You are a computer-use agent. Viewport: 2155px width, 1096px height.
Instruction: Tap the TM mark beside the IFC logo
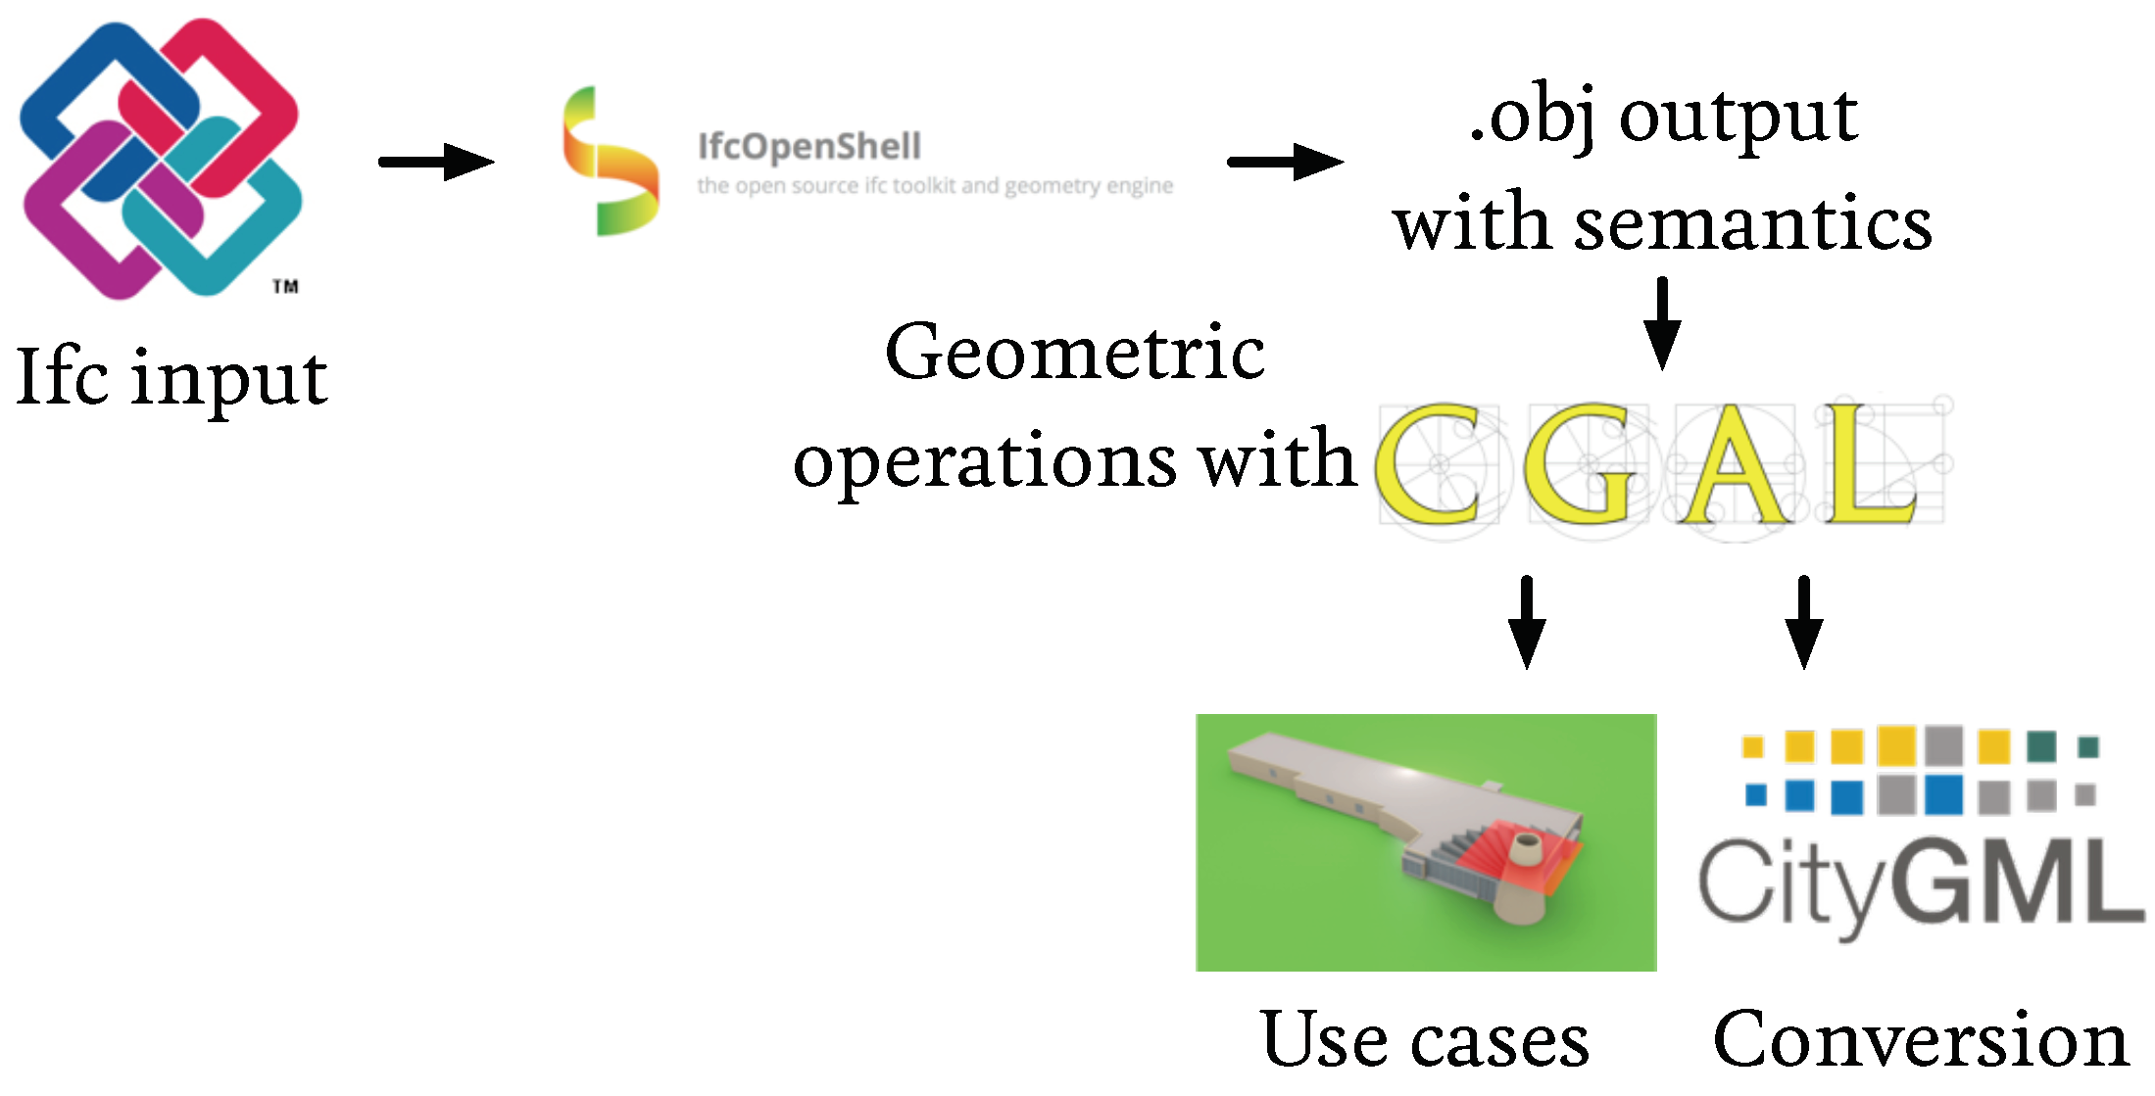[x=285, y=286]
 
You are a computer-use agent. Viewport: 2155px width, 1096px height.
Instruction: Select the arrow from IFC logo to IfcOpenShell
[x=436, y=162]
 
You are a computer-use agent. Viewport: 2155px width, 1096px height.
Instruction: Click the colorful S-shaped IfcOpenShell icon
[x=610, y=162]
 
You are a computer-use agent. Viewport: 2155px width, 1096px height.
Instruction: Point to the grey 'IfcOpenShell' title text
[x=808, y=147]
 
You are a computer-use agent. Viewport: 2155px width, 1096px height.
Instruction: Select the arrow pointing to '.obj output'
[x=1285, y=162]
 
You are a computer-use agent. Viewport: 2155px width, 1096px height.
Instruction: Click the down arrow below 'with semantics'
[x=1662, y=323]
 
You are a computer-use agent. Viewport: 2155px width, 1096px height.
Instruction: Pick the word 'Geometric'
[x=1075, y=353]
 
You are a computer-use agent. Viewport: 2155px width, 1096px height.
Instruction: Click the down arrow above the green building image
[x=1527, y=623]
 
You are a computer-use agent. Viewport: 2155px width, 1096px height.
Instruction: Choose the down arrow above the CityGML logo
[x=1804, y=623]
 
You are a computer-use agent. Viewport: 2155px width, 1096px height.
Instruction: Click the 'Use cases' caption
[x=1425, y=1040]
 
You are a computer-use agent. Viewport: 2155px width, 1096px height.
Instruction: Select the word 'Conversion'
[x=1921, y=1040]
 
